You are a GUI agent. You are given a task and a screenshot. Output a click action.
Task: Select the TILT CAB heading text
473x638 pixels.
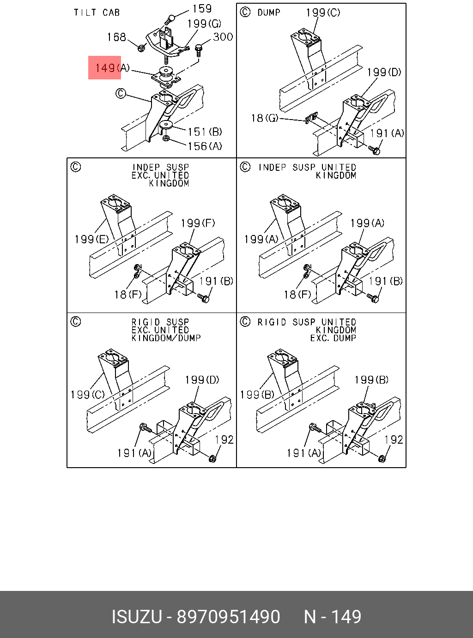pyautogui.click(x=97, y=12)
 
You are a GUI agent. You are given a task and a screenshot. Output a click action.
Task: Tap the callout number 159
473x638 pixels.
pyautogui.click(x=202, y=9)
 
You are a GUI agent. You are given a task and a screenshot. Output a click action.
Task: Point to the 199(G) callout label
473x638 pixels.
pyautogui.click(x=204, y=23)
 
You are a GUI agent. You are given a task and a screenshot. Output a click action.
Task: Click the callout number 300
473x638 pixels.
pyautogui.click(x=223, y=37)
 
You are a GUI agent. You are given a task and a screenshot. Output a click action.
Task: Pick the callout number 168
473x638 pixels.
pyautogui.click(x=116, y=37)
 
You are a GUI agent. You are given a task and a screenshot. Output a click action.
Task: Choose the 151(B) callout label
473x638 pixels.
pyautogui.click(x=205, y=132)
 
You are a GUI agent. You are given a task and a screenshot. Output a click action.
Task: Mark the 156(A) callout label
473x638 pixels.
pyautogui.click(x=205, y=146)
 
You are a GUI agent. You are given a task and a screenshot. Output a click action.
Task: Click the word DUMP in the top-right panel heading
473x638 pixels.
pyautogui.click(x=269, y=12)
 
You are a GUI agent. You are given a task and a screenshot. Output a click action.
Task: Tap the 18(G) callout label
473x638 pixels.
pyautogui.click(x=264, y=119)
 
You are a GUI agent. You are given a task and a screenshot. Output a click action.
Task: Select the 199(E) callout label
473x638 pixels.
pyautogui.click(x=91, y=239)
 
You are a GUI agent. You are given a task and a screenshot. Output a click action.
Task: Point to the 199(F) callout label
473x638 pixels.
pyautogui.click(x=198, y=223)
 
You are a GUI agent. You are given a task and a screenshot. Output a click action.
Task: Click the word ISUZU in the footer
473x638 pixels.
pyautogui.click(x=137, y=617)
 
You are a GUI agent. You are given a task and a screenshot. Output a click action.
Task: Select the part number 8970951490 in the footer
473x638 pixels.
pyautogui.click(x=229, y=617)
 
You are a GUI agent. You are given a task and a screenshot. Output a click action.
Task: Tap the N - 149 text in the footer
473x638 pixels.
pyautogui.click(x=332, y=617)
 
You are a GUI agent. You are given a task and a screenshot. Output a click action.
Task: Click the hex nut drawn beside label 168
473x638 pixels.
pyautogui.click(x=142, y=47)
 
